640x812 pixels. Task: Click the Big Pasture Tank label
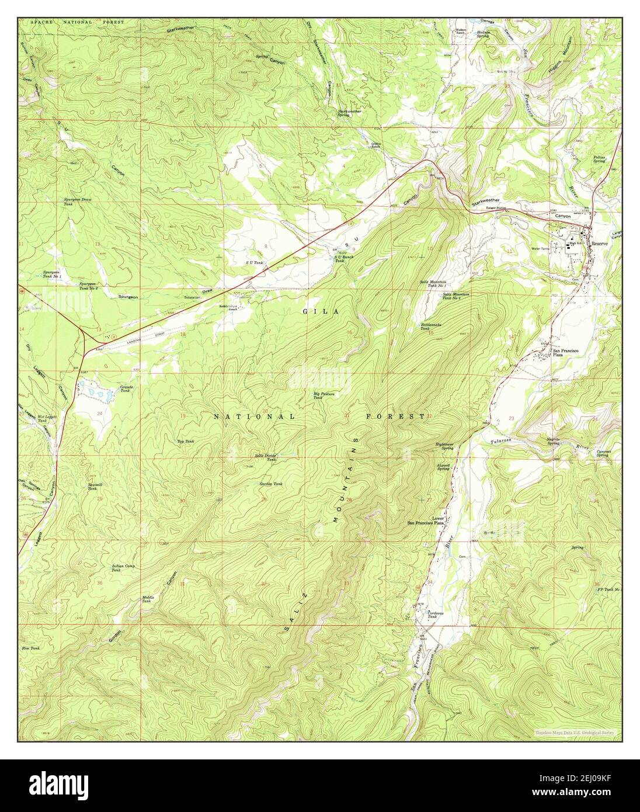tap(323, 395)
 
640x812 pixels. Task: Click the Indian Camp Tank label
tap(124, 567)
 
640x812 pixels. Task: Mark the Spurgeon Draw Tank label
tap(78, 202)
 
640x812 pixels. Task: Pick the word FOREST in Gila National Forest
tap(395, 417)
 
